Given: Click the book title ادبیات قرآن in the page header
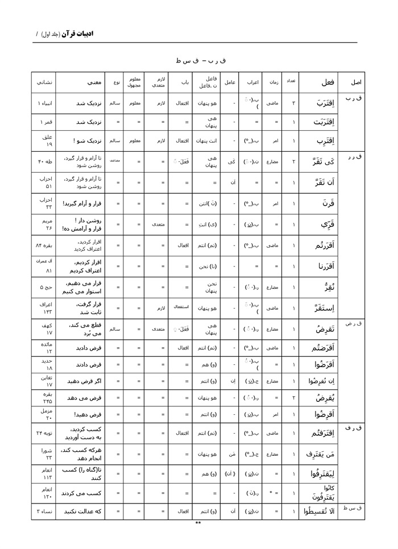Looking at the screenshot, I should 78,34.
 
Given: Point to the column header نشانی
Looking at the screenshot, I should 44,82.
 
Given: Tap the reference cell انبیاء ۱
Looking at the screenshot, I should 44,104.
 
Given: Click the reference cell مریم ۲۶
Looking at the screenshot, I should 44,224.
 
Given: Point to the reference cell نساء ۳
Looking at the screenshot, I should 44,511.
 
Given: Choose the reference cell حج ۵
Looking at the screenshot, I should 44,287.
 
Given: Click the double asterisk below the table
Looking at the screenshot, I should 198,523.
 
